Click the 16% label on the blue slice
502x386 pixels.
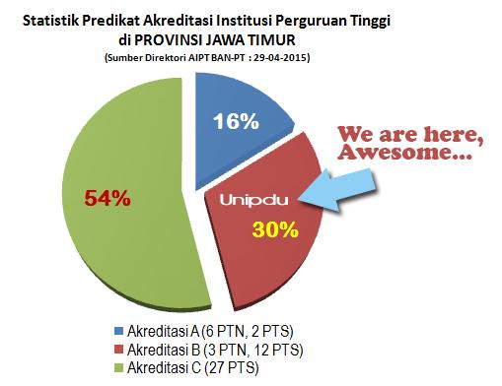(x=237, y=122)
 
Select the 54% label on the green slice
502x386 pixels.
(x=106, y=198)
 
